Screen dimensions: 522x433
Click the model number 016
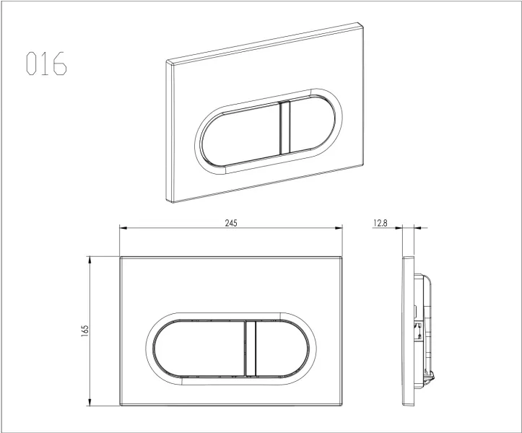[x=46, y=63]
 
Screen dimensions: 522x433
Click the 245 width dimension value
[x=231, y=223]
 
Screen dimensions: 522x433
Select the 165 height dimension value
[x=85, y=331]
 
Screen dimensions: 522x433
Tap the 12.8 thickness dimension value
[x=380, y=223]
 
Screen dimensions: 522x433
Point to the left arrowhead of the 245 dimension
[x=123, y=227]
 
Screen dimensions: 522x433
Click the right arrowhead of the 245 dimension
[x=339, y=227]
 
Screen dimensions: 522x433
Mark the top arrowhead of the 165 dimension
[x=90, y=261]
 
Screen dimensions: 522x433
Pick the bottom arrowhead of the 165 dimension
[x=90, y=402]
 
